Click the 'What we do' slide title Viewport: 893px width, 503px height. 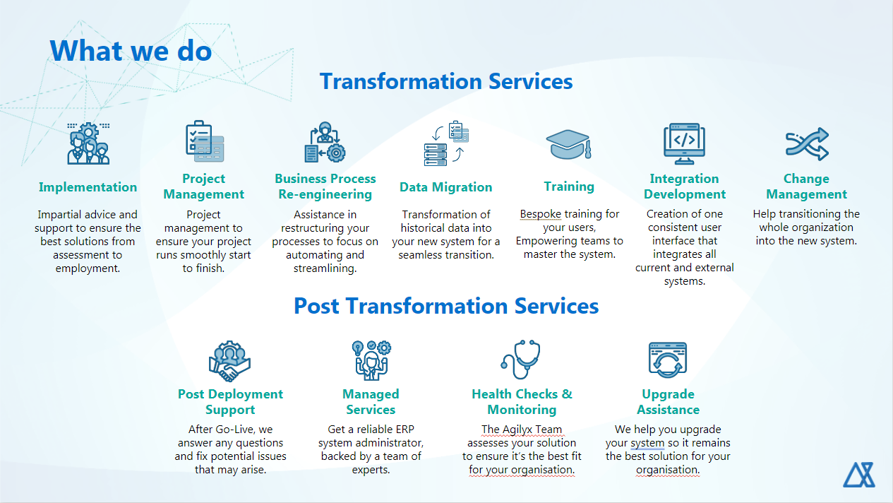131,51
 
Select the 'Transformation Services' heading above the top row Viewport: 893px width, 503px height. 446,81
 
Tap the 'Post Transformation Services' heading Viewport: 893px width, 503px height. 446,306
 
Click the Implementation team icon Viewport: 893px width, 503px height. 88,143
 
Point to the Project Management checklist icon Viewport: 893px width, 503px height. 205,141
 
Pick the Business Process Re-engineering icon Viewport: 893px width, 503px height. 325,142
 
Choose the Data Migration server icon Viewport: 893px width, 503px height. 446,143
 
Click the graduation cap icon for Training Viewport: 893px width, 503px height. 568,144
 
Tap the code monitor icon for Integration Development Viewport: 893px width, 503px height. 684,143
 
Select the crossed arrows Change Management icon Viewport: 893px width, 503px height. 807,144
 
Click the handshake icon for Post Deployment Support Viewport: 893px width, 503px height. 229,362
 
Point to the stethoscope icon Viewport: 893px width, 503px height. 521,360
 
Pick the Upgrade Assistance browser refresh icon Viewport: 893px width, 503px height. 668,360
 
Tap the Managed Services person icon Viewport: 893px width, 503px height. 371,360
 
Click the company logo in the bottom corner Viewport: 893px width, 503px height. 858,475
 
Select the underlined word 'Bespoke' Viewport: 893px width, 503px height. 540,214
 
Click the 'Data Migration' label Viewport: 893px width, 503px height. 445,187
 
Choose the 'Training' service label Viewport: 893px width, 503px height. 569,187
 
